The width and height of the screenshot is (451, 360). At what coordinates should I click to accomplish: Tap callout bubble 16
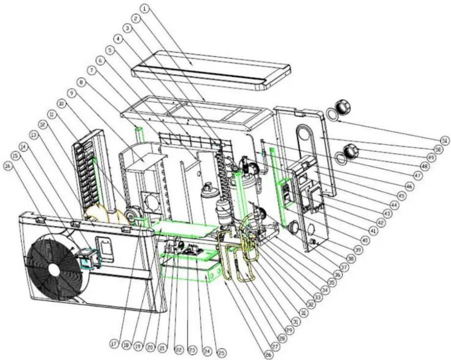[x=8, y=166]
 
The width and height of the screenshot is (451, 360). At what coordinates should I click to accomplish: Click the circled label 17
[x=114, y=344]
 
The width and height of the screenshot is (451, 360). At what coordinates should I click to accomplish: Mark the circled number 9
[x=72, y=94]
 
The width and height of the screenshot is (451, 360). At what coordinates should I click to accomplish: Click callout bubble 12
[x=43, y=125]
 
